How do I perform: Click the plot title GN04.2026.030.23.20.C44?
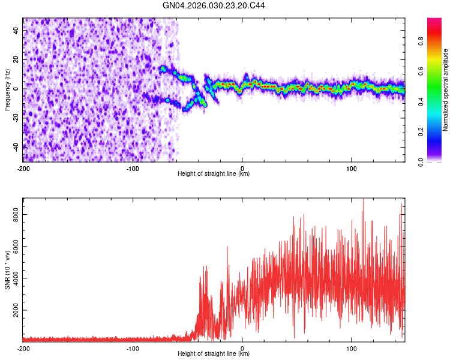214,5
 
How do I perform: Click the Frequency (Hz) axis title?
7,89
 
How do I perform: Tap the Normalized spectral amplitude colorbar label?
446,90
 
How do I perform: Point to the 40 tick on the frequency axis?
17,31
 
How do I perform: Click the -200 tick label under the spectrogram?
23,168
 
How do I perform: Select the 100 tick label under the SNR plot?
352,348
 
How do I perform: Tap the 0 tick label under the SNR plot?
242,348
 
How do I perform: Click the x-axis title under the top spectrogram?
214,174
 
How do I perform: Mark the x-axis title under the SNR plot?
214,354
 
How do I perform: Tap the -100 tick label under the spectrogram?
133,168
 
